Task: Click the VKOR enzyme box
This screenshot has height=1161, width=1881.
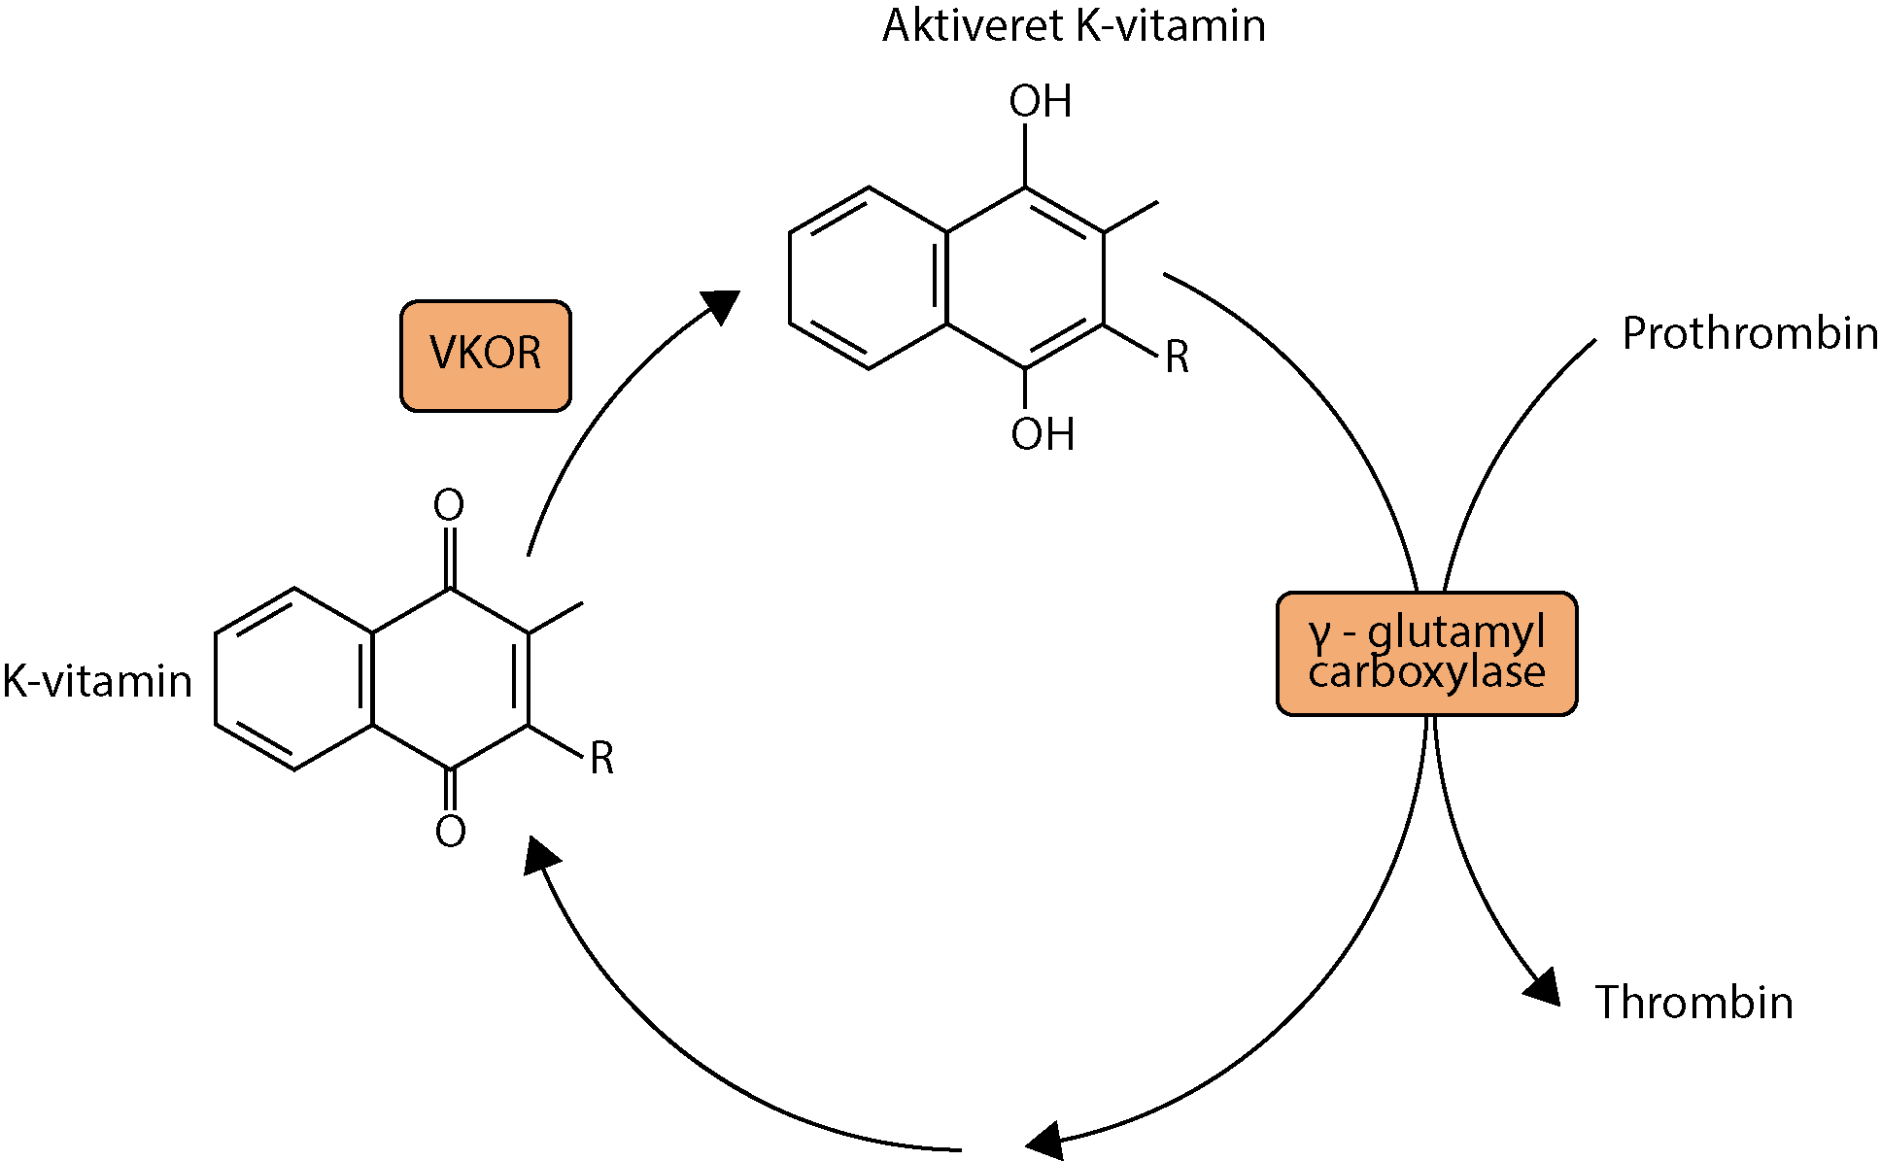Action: click(x=485, y=356)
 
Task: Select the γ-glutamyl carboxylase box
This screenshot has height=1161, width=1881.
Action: click(x=1425, y=653)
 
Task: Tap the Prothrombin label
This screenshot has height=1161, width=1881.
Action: click(x=1749, y=333)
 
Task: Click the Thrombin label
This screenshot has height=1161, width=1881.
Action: click(x=1693, y=1002)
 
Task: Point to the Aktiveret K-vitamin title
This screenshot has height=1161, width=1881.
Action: click(x=1074, y=26)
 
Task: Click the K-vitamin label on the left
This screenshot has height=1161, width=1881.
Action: click(x=97, y=681)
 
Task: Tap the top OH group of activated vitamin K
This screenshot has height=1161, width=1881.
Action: click(x=1040, y=102)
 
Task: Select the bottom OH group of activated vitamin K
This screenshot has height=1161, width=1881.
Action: click(x=1042, y=434)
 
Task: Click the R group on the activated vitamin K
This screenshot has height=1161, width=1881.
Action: click(x=1177, y=358)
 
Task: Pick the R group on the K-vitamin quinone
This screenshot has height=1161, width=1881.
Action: click(x=601, y=759)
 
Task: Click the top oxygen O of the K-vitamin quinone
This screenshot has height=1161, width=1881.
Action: click(x=449, y=505)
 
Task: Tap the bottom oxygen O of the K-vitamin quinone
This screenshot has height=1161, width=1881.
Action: click(x=450, y=832)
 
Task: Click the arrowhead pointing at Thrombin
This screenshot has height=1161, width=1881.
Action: click(x=1543, y=987)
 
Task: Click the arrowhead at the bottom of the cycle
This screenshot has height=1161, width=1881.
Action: click(x=1046, y=1140)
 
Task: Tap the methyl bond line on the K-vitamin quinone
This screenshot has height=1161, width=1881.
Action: click(x=556, y=618)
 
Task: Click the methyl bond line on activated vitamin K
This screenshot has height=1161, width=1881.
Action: click(x=1131, y=217)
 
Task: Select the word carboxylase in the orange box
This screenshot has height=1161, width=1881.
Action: click(x=1425, y=672)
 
